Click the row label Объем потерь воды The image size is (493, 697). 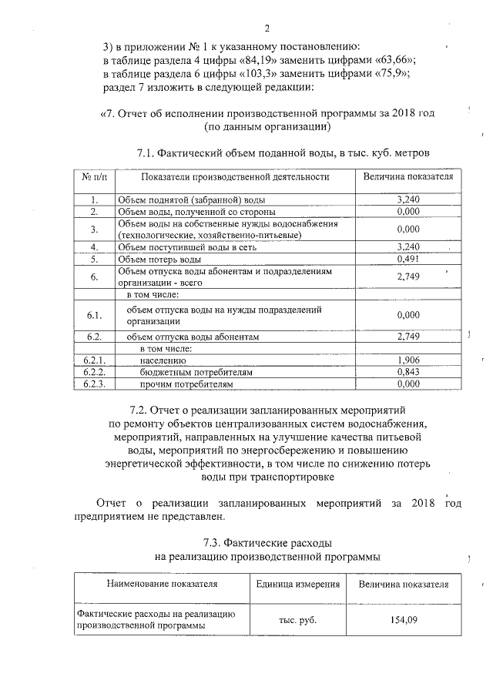pyautogui.click(x=159, y=260)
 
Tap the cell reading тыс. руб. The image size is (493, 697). pyautogui.click(x=297, y=619)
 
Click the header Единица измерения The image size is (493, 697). pyautogui.click(x=298, y=584)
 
